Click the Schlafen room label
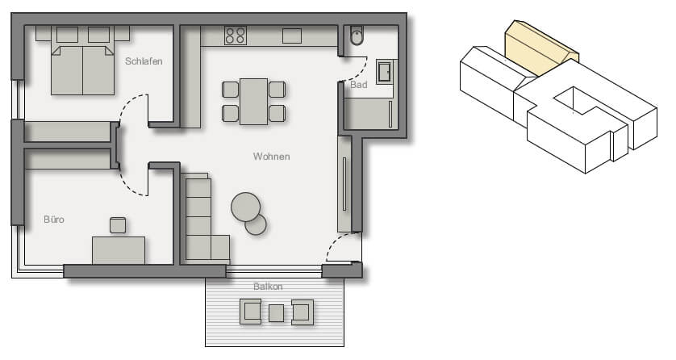(x=144, y=61)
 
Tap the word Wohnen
(x=271, y=157)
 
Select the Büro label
(x=54, y=220)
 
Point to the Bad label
(x=359, y=85)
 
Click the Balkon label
(x=268, y=287)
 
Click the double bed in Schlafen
(x=82, y=61)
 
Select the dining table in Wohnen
(x=254, y=102)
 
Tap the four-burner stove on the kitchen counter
(x=236, y=36)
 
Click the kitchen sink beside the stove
(x=292, y=36)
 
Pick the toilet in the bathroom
(x=357, y=36)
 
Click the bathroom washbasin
(x=384, y=71)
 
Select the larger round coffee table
(x=246, y=207)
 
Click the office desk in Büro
(x=119, y=250)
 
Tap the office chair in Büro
(x=118, y=225)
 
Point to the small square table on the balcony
(x=277, y=313)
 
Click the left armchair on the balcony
(x=251, y=312)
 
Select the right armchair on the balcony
(x=303, y=312)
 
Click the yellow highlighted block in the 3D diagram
(x=539, y=48)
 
